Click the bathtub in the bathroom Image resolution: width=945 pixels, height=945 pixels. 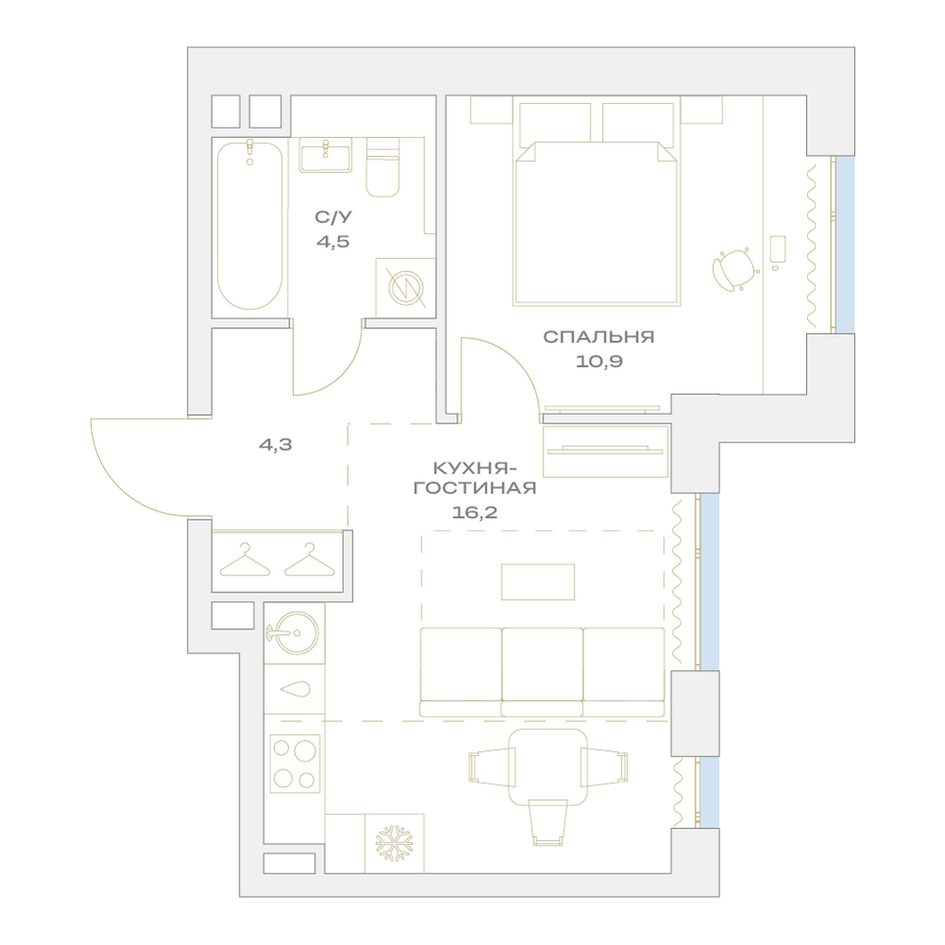249,226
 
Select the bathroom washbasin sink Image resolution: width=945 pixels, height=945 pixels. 325,155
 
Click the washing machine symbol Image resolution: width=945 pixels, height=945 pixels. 405,287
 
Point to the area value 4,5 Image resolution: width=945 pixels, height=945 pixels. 333,242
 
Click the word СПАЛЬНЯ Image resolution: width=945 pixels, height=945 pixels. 598,336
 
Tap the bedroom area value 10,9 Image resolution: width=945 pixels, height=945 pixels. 598,362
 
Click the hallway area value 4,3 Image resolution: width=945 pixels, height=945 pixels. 275,445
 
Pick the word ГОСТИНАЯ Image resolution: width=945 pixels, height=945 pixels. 475,488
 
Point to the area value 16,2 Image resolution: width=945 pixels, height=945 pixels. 474,512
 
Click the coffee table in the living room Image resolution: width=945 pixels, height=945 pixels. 538,581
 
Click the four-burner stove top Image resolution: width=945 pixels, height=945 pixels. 294,763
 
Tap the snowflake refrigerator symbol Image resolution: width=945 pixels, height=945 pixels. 394,843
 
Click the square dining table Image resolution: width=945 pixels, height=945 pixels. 548,767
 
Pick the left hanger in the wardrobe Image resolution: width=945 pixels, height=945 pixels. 245,559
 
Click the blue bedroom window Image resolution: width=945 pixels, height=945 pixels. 845,245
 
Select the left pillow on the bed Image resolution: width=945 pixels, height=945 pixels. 555,123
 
